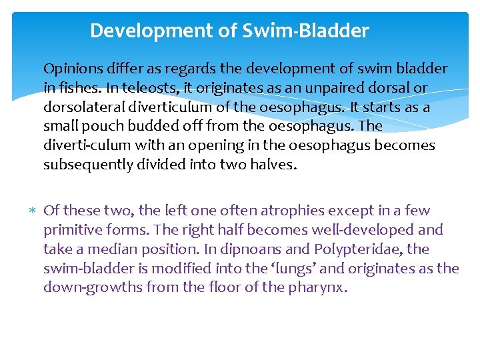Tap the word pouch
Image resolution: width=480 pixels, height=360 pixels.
tap(103, 127)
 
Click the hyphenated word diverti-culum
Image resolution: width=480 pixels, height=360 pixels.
tap(83, 146)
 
